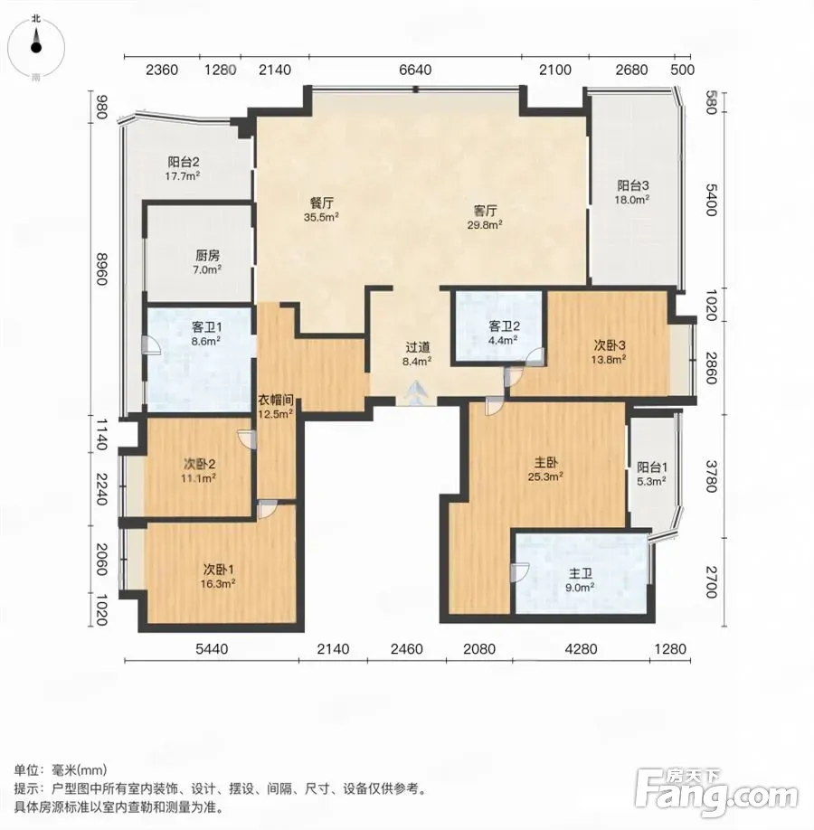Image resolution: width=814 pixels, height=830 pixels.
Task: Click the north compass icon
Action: pos(36,47)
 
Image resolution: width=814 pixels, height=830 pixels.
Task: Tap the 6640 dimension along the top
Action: pos(415,70)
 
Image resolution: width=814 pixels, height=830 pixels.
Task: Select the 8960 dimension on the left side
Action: pos(101,269)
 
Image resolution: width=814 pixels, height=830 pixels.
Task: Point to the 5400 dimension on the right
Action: pos(711,200)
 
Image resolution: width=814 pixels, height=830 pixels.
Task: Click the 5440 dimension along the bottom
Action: pos(212,649)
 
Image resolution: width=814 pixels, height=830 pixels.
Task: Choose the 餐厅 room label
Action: pos(321,203)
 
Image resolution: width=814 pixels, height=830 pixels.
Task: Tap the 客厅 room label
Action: pos(485,211)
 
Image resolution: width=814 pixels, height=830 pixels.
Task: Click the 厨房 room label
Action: pos(207,256)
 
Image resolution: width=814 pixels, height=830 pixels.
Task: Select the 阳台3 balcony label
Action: pos(633,185)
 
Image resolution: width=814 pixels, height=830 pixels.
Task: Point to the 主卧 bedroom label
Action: pos(546,463)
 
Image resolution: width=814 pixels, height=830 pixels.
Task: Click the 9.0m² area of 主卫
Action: pos(580,587)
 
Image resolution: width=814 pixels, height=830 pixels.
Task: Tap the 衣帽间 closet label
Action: pos(275,401)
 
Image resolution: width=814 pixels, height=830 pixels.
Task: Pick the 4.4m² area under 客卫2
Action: pos(503,340)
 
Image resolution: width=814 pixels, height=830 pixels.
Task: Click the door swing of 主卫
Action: pos(519,572)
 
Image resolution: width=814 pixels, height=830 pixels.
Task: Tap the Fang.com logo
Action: pos(716,792)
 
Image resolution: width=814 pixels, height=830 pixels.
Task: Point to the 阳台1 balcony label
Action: pos(652,467)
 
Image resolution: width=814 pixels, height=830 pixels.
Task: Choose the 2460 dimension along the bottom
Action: pos(407,649)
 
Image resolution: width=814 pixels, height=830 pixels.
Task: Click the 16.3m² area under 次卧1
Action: pos(219,584)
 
